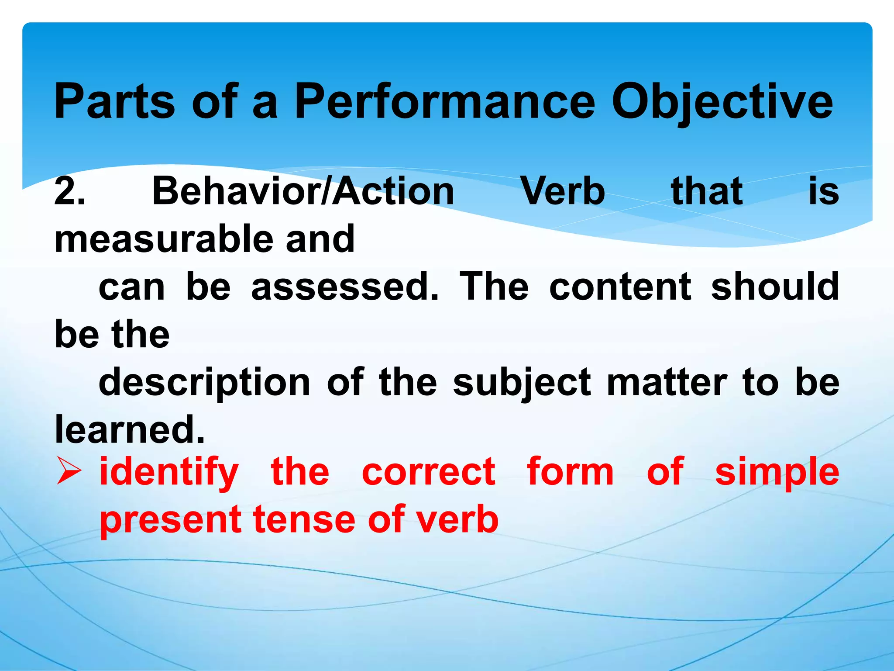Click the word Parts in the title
pyautogui.click(x=114, y=101)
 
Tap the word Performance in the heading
pyautogui.click(x=444, y=101)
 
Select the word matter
pyautogui.click(x=667, y=382)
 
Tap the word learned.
pyautogui.click(x=129, y=429)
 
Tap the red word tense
pyautogui.click(x=304, y=519)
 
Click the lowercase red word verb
pyautogui.click(x=457, y=519)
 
